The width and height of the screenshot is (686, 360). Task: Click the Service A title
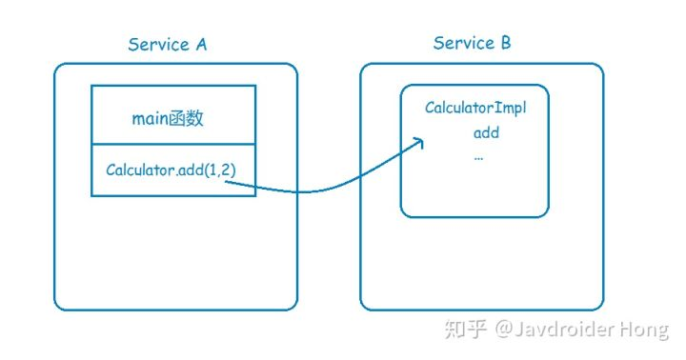tap(168, 45)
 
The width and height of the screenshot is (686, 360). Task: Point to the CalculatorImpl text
tap(474, 108)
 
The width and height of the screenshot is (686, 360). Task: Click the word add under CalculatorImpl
tap(486, 132)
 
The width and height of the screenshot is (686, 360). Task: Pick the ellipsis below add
tap(478, 155)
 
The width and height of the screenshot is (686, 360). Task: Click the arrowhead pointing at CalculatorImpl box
tap(418, 143)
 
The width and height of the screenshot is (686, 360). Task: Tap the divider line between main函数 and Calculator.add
tap(172, 146)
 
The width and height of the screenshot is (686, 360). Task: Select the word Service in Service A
tap(157, 45)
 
